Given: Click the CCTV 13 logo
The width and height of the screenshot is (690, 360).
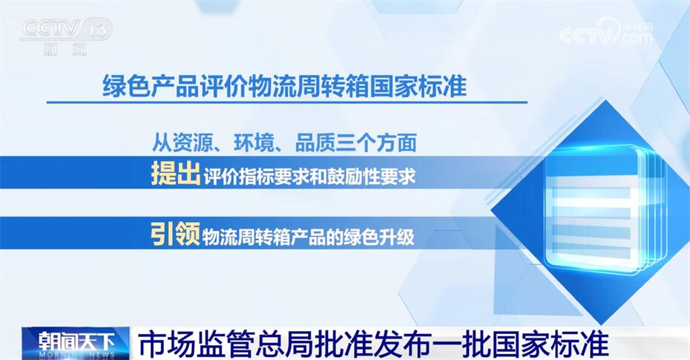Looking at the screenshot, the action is click(x=66, y=30).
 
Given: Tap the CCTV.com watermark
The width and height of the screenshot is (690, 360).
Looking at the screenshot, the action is click(x=606, y=32).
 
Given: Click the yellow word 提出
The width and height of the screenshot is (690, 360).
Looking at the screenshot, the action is click(x=176, y=174).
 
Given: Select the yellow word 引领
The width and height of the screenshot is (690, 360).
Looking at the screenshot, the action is click(x=176, y=234).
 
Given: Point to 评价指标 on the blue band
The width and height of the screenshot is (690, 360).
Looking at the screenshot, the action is click(x=238, y=176).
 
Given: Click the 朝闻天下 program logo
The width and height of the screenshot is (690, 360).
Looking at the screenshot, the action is click(x=76, y=343).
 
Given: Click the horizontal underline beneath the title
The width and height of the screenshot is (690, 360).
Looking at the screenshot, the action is click(x=287, y=102).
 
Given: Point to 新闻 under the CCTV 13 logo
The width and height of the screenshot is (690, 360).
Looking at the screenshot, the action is click(x=65, y=49).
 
